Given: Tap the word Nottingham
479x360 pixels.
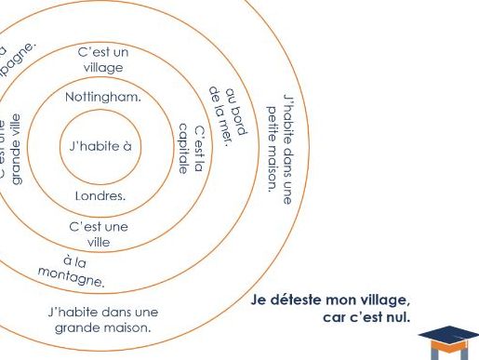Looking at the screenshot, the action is (x=103, y=96).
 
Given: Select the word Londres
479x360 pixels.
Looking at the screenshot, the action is (x=100, y=196).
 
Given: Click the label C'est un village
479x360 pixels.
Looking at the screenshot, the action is (x=103, y=60).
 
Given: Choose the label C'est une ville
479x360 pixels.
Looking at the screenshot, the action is (x=100, y=233).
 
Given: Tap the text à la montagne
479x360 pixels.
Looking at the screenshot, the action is (x=73, y=269).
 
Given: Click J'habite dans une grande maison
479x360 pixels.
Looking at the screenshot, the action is (x=103, y=319).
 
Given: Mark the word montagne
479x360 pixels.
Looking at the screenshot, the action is (x=72, y=275).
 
